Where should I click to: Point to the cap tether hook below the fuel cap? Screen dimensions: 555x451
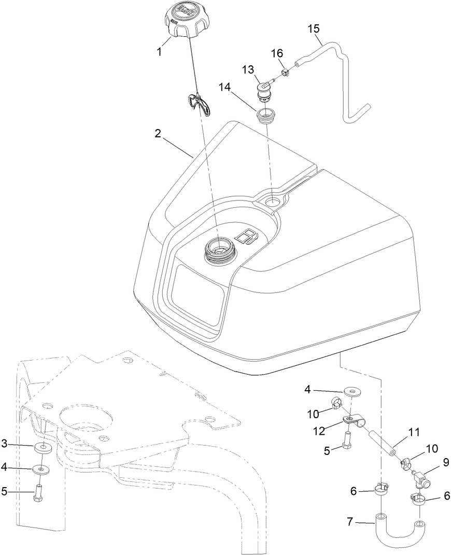[x=200, y=103]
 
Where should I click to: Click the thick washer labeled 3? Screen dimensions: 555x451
[x=44, y=447]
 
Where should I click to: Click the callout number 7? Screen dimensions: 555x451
[x=350, y=522]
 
